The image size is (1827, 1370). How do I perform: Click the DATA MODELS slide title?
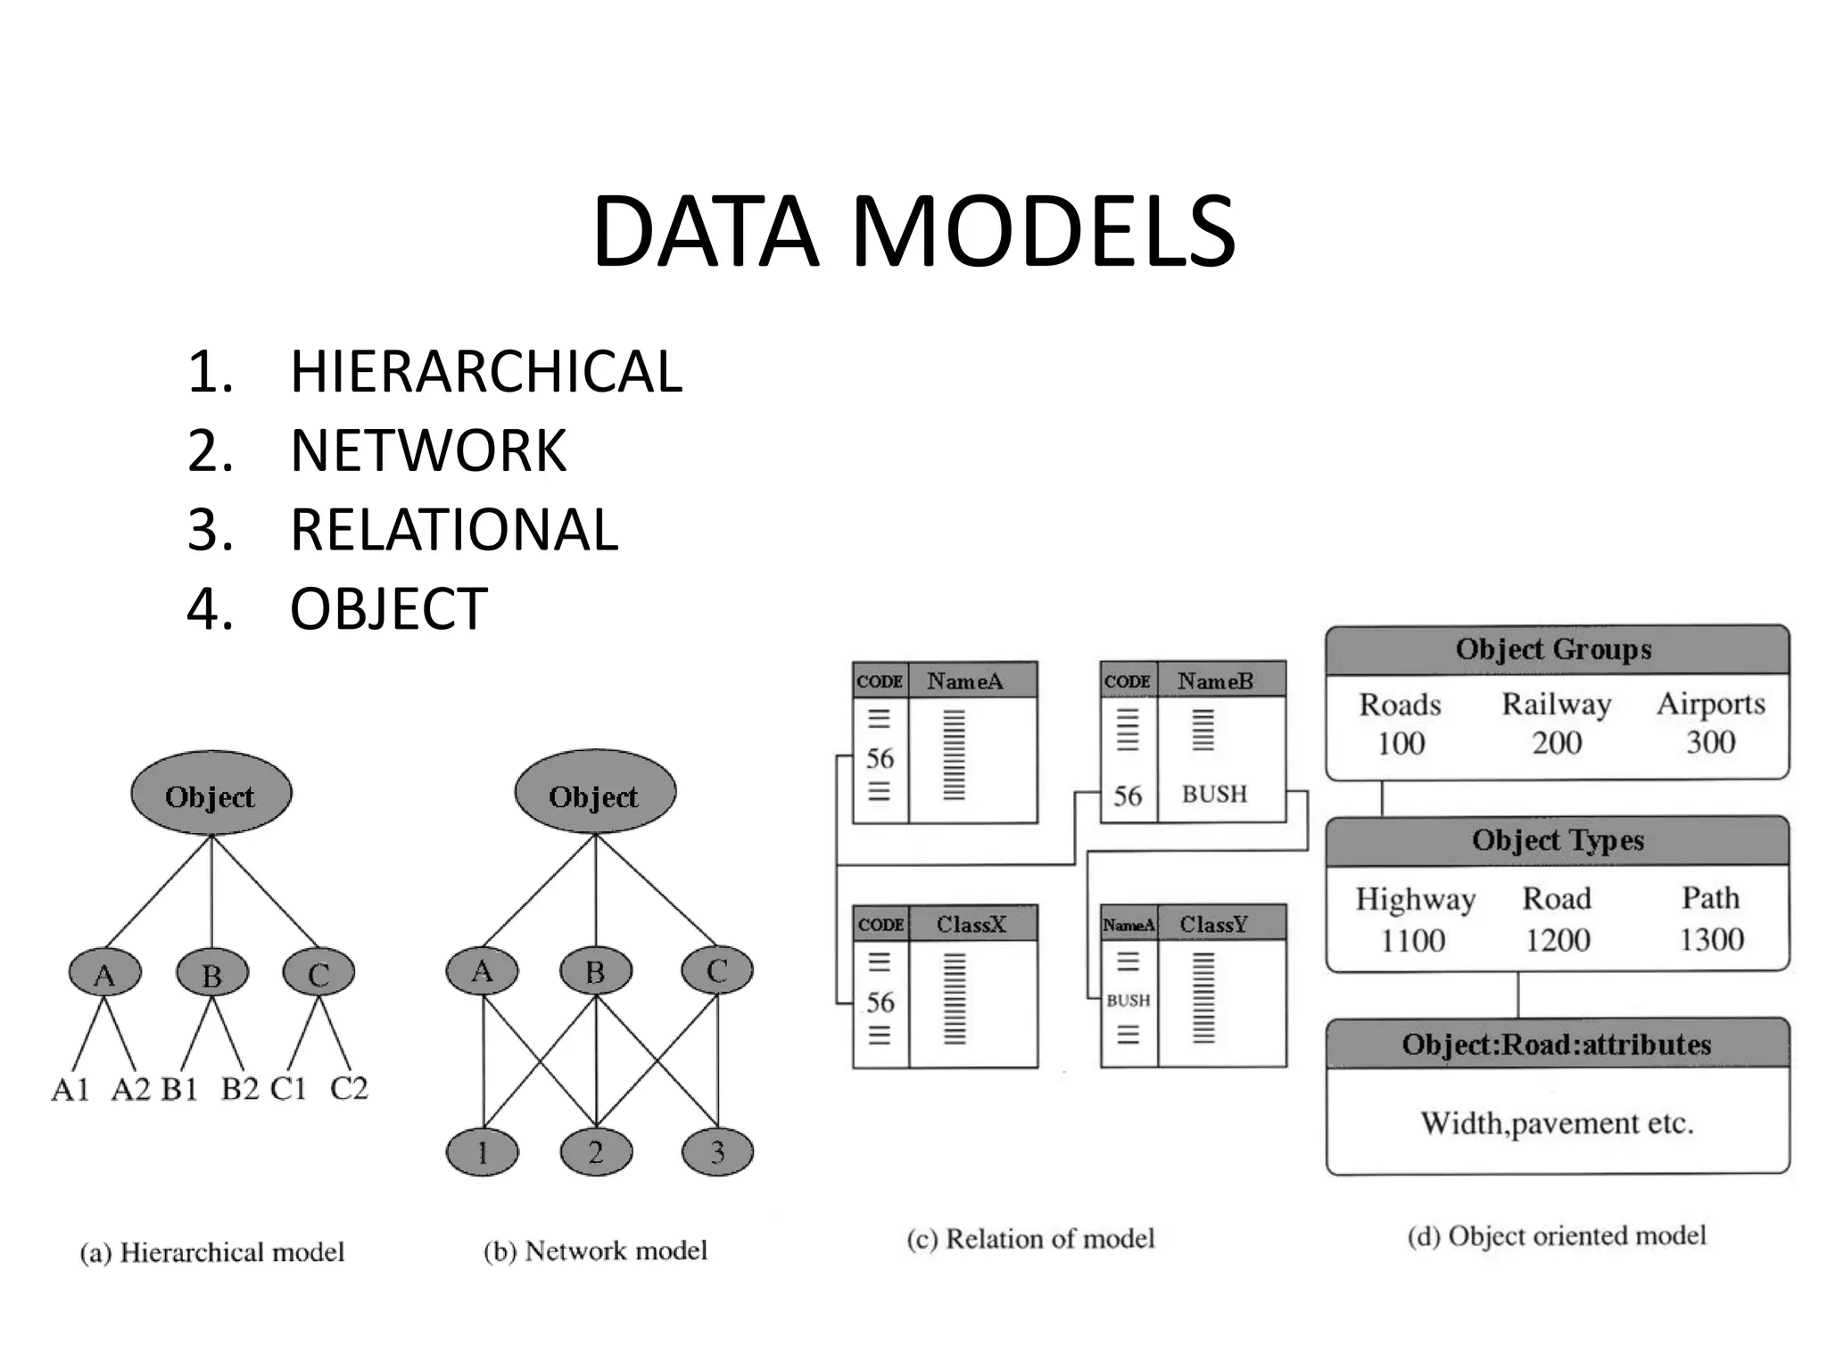[x=913, y=231]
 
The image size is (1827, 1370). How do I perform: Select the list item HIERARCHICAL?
[x=486, y=371]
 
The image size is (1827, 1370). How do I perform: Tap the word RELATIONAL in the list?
[x=454, y=529]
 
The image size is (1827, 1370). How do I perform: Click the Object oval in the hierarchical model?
[x=211, y=794]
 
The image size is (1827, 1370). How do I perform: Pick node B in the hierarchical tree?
[x=211, y=974]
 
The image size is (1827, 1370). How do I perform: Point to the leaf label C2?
[x=349, y=1088]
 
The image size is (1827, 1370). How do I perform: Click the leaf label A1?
[x=70, y=1089]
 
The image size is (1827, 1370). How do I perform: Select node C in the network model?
[x=716, y=970]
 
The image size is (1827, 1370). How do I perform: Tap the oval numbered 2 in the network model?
[x=596, y=1152]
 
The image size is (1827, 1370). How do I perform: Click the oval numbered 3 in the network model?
[x=716, y=1152]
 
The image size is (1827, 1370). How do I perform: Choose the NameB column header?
[x=1215, y=681]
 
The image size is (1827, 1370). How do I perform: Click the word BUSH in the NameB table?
[x=1214, y=794]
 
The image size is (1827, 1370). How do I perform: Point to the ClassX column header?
[x=971, y=924]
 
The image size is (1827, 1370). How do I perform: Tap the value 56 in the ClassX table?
[x=880, y=1002]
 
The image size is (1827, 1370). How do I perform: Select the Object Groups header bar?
[x=1556, y=649]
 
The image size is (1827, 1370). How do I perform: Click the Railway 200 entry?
[x=1557, y=722]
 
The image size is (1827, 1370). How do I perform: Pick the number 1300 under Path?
[x=1711, y=939]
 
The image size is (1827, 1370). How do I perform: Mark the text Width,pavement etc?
[x=1557, y=1123]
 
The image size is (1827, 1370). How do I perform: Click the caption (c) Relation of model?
[x=1030, y=1239]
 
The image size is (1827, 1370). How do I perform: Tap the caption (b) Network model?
[x=595, y=1250]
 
